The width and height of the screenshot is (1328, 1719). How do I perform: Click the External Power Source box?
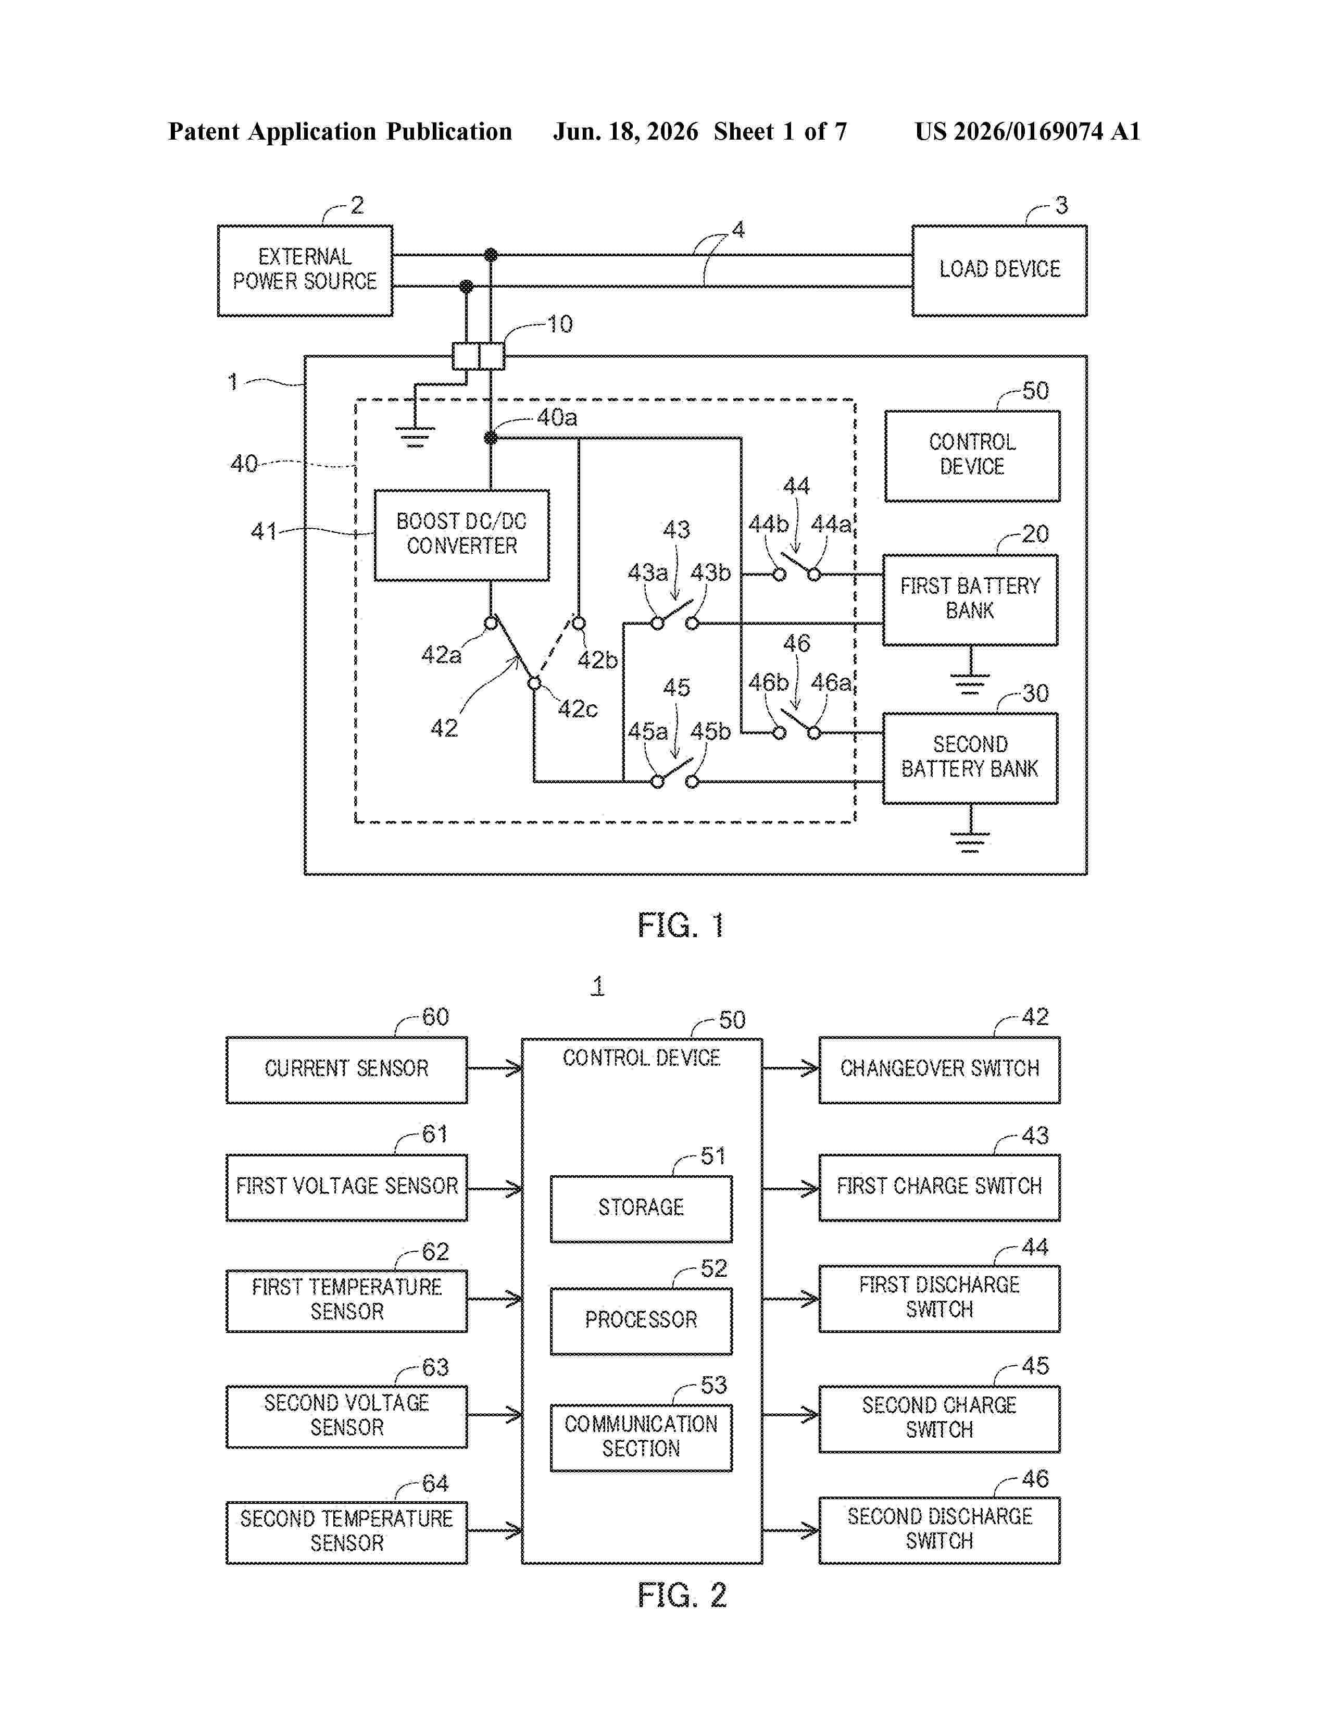(305, 271)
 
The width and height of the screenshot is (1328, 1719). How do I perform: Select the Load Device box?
(999, 271)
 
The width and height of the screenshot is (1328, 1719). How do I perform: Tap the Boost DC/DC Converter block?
(462, 535)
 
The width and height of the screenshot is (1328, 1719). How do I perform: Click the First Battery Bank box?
(970, 600)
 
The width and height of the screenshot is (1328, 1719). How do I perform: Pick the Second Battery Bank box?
(970, 758)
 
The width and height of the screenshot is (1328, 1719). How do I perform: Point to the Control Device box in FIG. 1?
(972, 456)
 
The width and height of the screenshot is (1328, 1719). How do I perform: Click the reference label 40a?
(557, 417)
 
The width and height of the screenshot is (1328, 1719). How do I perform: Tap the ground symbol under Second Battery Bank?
(970, 842)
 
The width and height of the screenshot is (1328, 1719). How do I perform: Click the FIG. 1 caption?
(681, 926)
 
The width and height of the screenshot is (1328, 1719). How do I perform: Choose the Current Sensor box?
(347, 1069)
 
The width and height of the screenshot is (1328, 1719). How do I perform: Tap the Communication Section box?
(641, 1438)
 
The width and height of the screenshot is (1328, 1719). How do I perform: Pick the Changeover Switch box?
(939, 1069)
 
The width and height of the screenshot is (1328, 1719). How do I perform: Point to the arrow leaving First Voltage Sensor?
(495, 1188)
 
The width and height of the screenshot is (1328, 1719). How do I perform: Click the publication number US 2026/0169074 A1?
(1028, 131)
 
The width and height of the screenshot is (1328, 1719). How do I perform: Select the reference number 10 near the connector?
(559, 325)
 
